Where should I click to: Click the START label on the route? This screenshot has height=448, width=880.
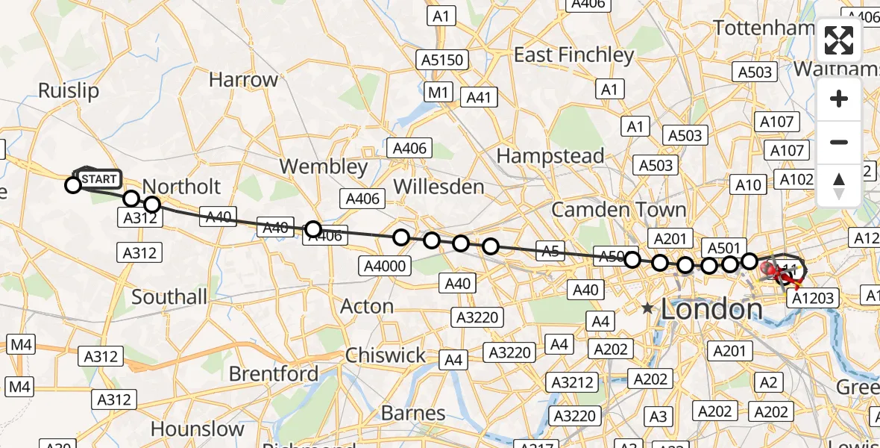pyautogui.click(x=98, y=179)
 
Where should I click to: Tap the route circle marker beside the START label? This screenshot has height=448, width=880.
pyautogui.click(x=73, y=184)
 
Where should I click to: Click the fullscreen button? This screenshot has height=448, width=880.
pyautogui.click(x=839, y=40)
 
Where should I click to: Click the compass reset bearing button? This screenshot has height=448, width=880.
pyautogui.click(x=839, y=185)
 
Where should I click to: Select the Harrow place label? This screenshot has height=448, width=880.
pyautogui.click(x=243, y=80)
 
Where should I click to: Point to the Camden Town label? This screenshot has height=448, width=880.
pyautogui.click(x=618, y=209)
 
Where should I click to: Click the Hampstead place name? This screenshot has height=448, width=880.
pyautogui.click(x=550, y=156)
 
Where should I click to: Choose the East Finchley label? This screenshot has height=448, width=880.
pyautogui.click(x=573, y=55)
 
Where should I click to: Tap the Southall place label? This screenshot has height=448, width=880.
pyautogui.click(x=169, y=297)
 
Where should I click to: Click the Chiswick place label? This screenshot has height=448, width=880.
pyautogui.click(x=386, y=355)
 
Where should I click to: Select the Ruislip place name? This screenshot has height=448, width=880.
pyautogui.click(x=68, y=91)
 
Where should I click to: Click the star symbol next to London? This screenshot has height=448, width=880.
pyautogui.click(x=647, y=308)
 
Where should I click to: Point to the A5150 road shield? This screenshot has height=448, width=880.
pyautogui.click(x=443, y=60)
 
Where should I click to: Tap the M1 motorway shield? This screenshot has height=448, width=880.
pyautogui.click(x=439, y=93)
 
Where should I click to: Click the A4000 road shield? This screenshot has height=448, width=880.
pyautogui.click(x=385, y=266)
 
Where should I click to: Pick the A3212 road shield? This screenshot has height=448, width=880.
pyautogui.click(x=573, y=383)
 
